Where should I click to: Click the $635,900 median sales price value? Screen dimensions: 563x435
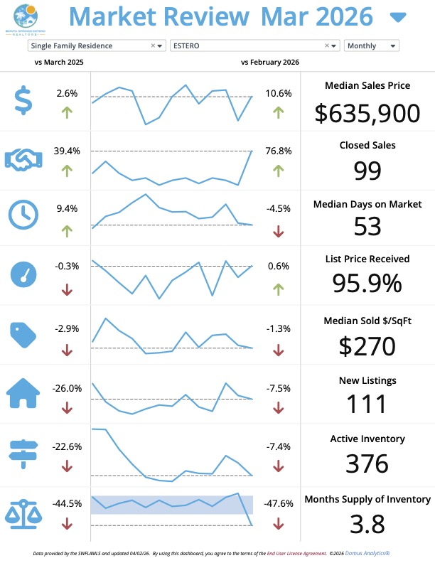click(x=367, y=112)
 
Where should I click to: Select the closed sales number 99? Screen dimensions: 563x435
click(x=367, y=171)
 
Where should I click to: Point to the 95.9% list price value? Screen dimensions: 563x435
click(x=367, y=284)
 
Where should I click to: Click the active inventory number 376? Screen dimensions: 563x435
click(x=367, y=463)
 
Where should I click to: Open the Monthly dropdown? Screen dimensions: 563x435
click(x=371, y=45)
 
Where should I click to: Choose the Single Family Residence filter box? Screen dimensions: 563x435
click(x=96, y=45)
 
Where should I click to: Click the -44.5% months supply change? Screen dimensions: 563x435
click(x=67, y=503)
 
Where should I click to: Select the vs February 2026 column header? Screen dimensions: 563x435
click(x=270, y=63)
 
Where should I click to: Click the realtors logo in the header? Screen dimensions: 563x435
click(x=24, y=18)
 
